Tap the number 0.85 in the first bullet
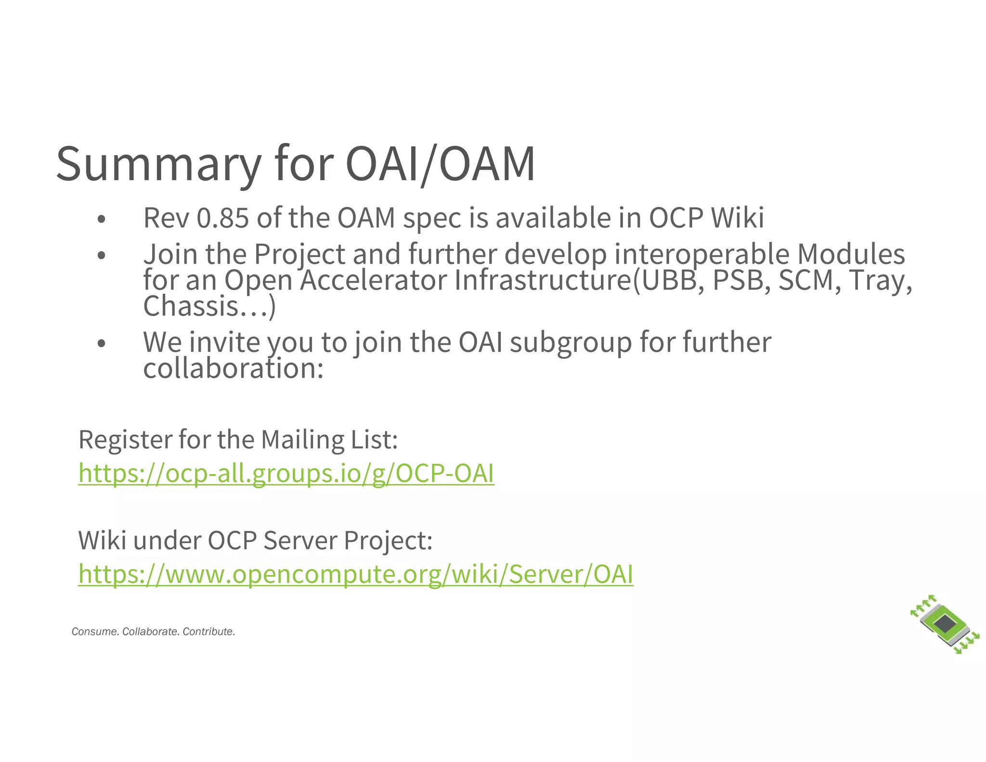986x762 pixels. tap(223, 218)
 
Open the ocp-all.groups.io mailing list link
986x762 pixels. tap(286, 473)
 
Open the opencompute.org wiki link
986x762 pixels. tap(356, 574)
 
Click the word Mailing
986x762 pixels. tap(302, 439)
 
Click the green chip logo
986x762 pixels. tap(945, 625)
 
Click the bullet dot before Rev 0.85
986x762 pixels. tap(101, 220)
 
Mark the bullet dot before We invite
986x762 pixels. tap(101, 344)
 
